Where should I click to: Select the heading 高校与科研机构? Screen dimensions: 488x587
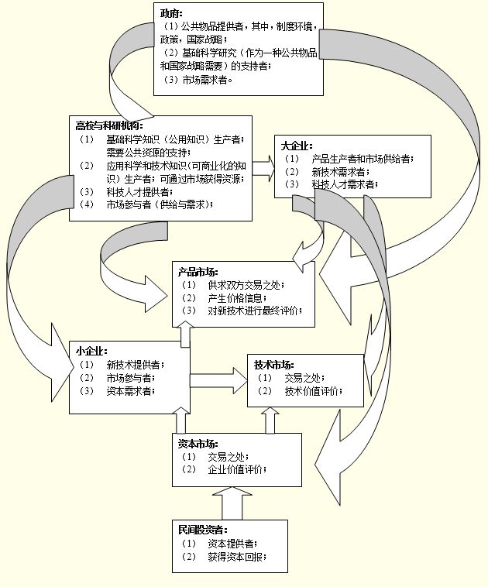coord(109,125)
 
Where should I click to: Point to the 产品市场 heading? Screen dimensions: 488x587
coord(198,271)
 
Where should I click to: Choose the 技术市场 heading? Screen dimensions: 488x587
coord(273,364)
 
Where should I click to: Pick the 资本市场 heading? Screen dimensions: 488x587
coord(198,444)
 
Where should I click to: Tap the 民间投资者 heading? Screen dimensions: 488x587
coord(203,530)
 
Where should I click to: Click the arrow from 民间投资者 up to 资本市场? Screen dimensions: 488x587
coord(232,503)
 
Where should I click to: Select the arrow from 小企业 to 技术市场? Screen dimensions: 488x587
coord(218,380)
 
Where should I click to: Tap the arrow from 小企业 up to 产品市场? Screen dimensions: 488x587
coord(185,334)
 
